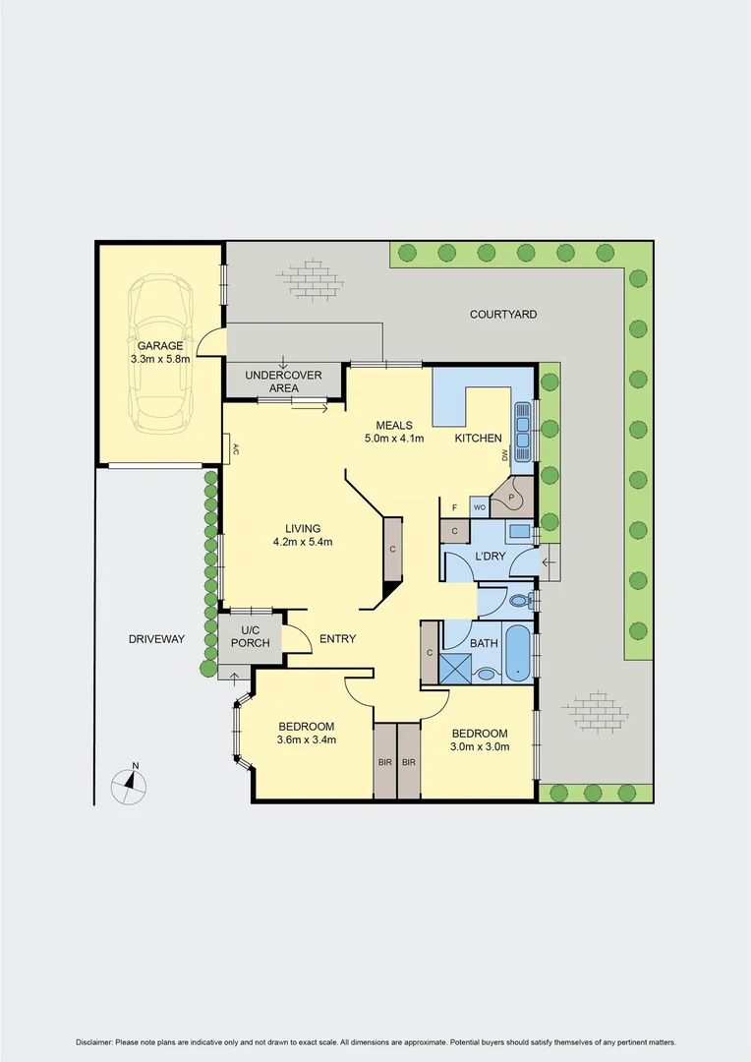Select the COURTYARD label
[x=502, y=315]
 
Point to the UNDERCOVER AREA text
[x=271, y=382]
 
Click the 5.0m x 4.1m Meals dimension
[x=393, y=439]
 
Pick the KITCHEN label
[x=478, y=438]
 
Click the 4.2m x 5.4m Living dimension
[x=303, y=542]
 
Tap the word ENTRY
[x=337, y=639]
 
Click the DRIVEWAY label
[x=156, y=639]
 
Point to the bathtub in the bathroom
[x=518, y=651]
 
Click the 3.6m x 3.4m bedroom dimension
[x=307, y=739]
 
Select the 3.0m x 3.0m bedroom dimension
[x=479, y=747]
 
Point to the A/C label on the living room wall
[x=236, y=450]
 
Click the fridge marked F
[x=454, y=507]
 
